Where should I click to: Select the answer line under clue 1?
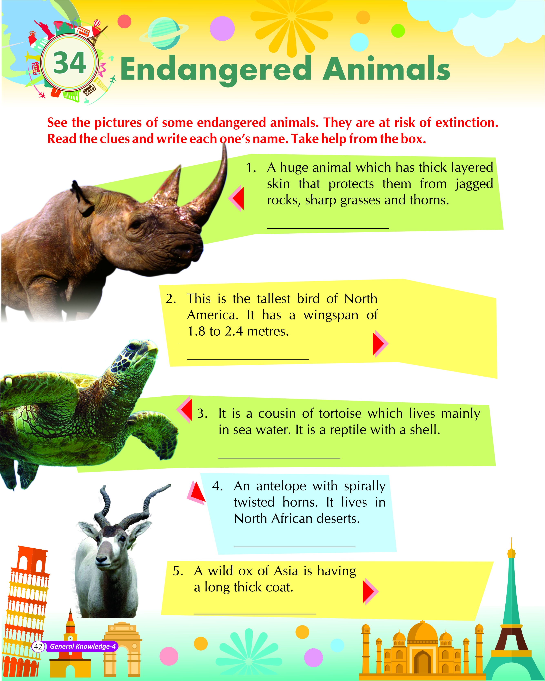[x=328, y=228]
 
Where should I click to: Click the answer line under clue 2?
[x=248, y=359]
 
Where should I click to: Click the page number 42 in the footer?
[x=38, y=647]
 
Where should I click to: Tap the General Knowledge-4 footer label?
[x=83, y=647]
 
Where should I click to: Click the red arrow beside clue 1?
[x=236, y=198]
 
